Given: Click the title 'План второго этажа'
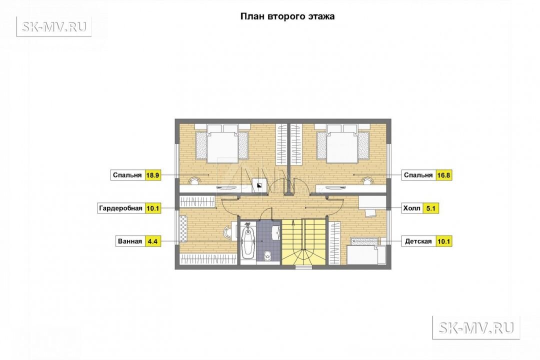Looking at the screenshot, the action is [287, 16].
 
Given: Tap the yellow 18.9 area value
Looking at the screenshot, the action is [152, 175].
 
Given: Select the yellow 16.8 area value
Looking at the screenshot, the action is [443, 175].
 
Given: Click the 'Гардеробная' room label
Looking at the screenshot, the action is [121, 208].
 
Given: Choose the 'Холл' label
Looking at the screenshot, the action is [412, 208].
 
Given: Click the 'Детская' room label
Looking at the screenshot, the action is [418, 241].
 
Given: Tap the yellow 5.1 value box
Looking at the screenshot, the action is [431, 208].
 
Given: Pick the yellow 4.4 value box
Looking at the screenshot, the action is [152, 241].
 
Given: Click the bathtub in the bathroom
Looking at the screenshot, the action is [247, 241].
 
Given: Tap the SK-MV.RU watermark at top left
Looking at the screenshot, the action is [54, 26].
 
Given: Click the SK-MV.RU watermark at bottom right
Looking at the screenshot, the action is [476, 327].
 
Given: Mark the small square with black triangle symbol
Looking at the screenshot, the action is [259, 185].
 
